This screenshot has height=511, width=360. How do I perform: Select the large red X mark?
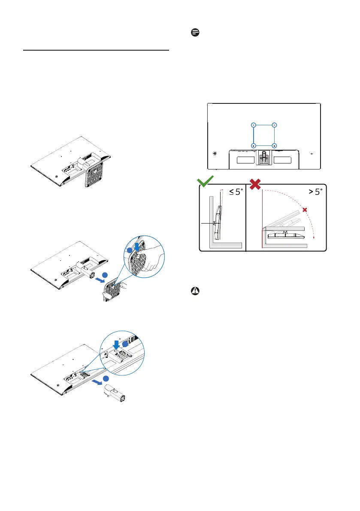point(256,184)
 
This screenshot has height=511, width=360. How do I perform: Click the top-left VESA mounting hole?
point(253,125)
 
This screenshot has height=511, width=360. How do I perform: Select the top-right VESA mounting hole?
point(275,125)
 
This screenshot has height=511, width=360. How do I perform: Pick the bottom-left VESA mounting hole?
point(253,146)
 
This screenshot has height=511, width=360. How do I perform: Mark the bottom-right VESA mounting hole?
point(275,146)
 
